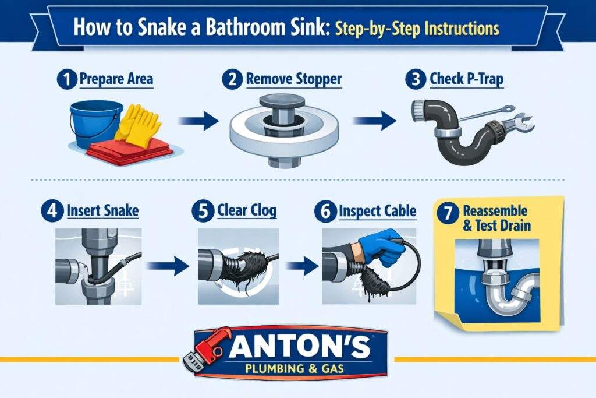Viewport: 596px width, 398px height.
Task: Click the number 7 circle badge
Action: click(449, 213)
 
